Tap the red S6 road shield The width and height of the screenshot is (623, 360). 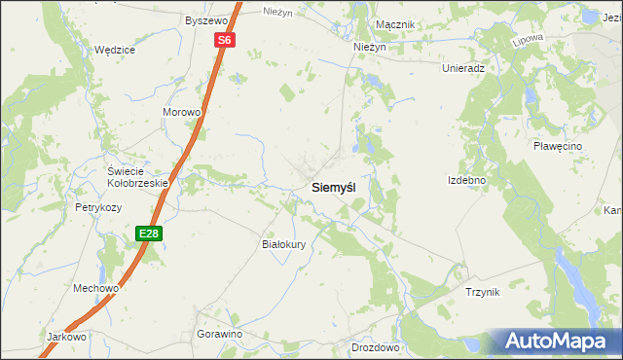pyautogui.click(x=225, y=40)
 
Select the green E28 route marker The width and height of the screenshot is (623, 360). pyautogui.click(x=148, y=234)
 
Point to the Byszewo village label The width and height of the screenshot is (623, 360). pyautogui.click(x=205, y=19)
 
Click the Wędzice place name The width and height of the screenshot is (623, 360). pyautogui.click(x=114, y=50)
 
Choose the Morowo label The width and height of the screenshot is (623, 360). pyautogui.click(x=181, y=112)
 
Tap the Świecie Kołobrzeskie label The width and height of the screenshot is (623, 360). pyautogui.click(x=138, y=176)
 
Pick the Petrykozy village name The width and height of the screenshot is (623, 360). pyautogui.click(x=98, y=207)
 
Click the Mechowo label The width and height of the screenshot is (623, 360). pyautogui.click(x=95, y=288)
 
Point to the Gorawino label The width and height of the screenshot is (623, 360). pyautogui.click(x=219, y=334)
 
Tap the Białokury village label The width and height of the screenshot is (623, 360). pyautogui.click(x=285, y=244)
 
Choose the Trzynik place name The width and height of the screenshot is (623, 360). pyautogui.click(x=482, y=292)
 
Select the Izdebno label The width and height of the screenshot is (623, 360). pyautogui.click(x=466, y=180)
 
